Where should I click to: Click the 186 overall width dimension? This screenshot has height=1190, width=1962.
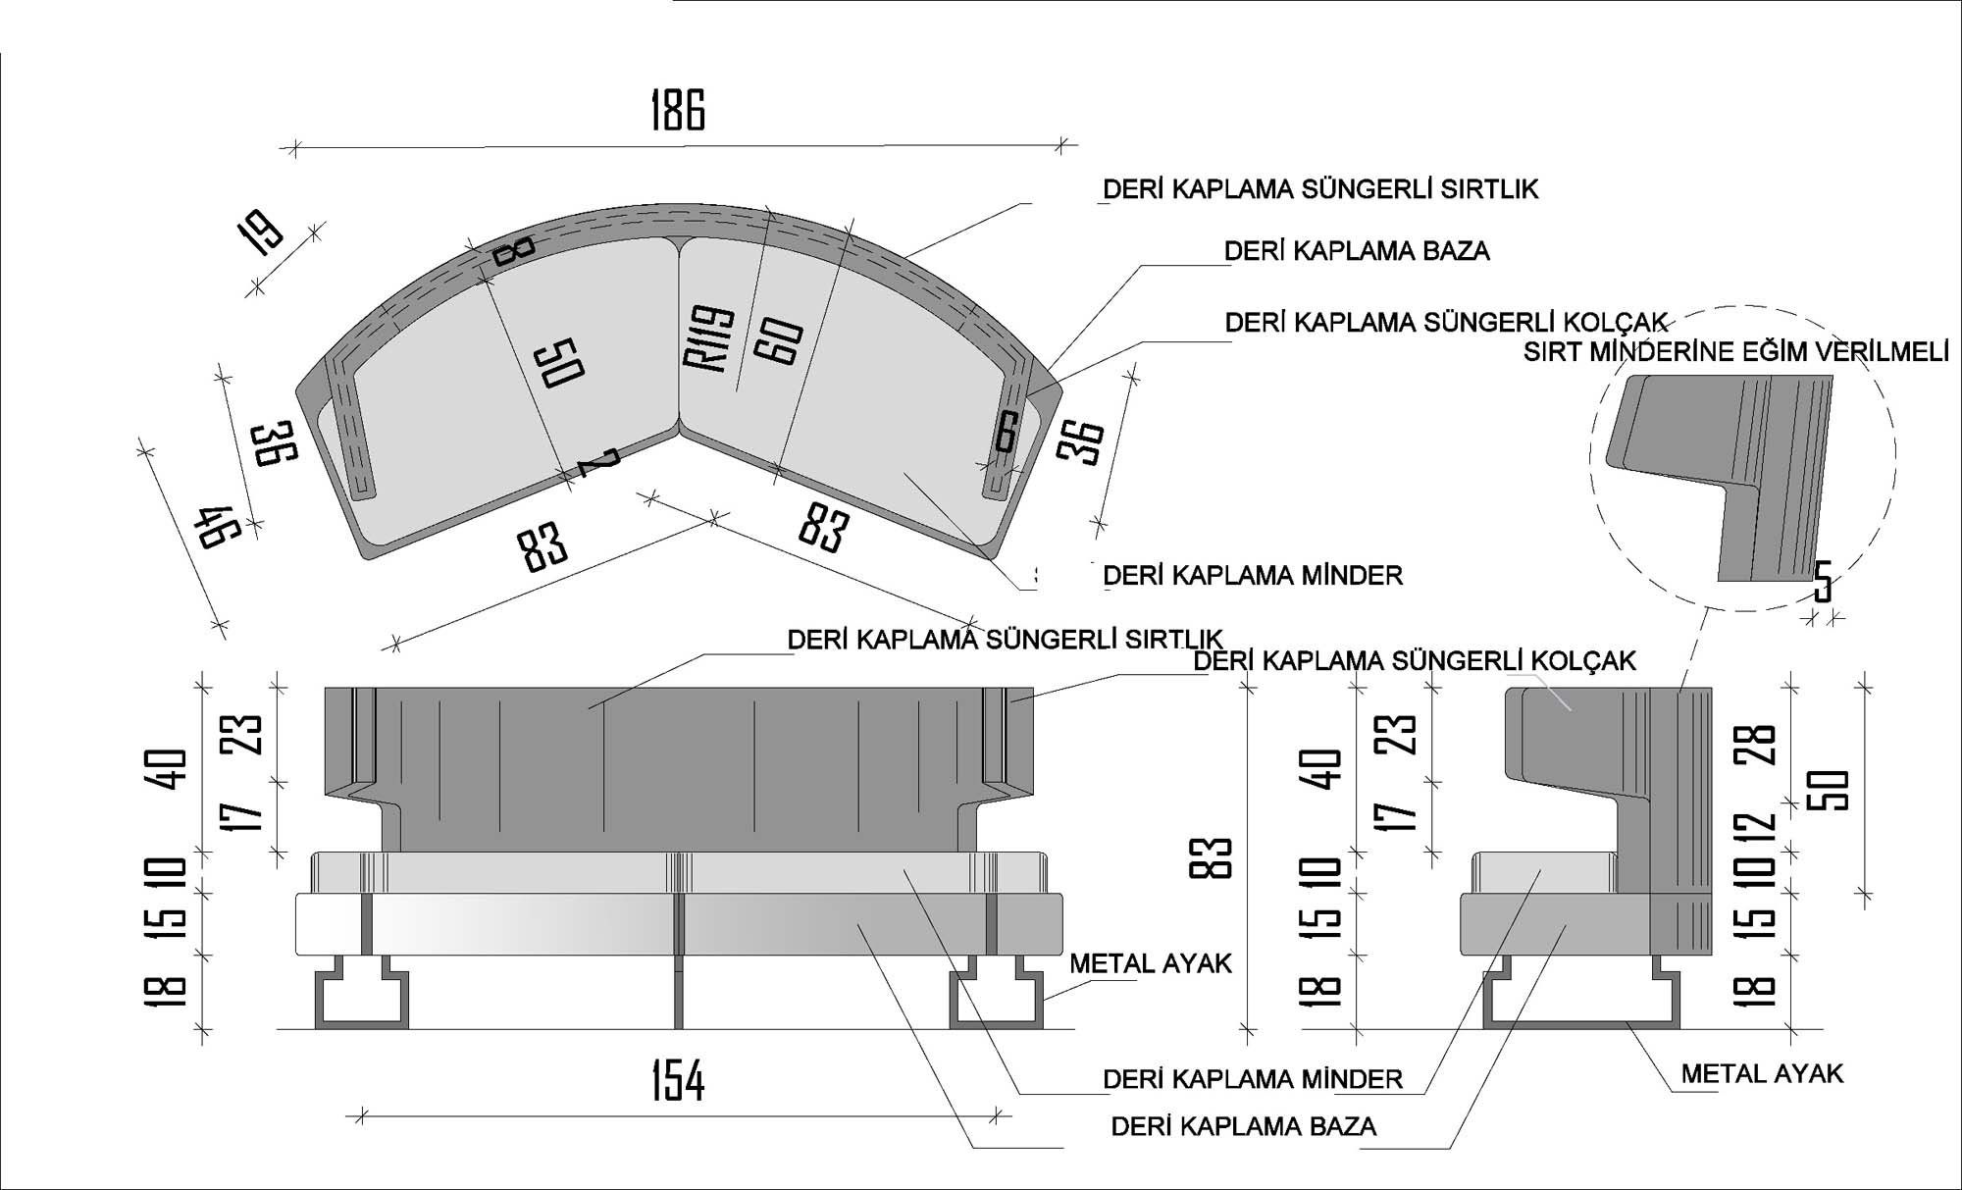[678, 110]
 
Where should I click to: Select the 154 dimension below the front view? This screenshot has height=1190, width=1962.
[678, 1081]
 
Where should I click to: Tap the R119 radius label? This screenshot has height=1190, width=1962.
[709, 339]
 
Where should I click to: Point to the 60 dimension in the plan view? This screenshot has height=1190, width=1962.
[780, 342]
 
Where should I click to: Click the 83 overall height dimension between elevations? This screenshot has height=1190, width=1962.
[1215, 858]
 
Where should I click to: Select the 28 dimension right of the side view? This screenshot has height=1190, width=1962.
[1762, 745]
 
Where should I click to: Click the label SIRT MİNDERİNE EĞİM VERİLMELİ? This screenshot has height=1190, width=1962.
[1735, 352]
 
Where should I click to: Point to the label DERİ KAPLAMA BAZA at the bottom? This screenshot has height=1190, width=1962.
[1243, 1126]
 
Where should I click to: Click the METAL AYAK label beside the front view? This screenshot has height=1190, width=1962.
[1150, 963]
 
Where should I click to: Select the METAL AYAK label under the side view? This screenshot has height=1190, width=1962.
[1762, 1074]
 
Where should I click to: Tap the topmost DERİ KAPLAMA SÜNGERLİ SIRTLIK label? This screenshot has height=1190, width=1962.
[1320, 189]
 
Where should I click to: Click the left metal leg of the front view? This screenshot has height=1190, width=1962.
[361, 999]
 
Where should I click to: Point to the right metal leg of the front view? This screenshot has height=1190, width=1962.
[997, 999]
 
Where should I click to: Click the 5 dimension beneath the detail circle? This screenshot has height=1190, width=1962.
[1822, 582]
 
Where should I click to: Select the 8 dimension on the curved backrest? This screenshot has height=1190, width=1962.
[513, 250]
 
